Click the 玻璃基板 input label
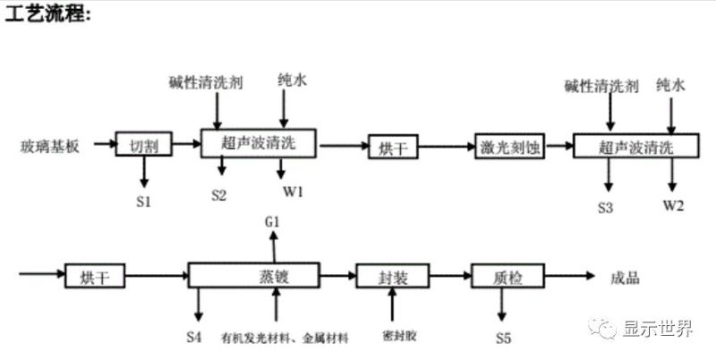(x=51, y=144)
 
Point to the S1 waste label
(x=143, y=201)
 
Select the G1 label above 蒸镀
(x=274, y=219)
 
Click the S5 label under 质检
(x=504, y=338)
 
